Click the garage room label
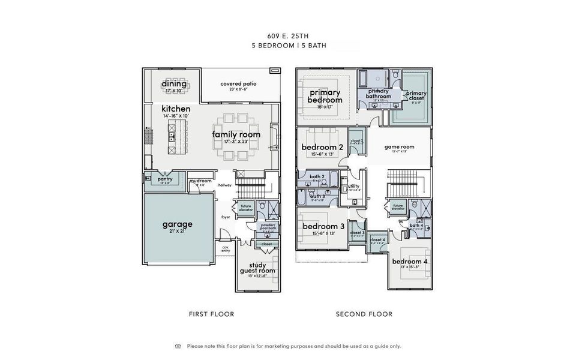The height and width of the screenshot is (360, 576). [178, 224]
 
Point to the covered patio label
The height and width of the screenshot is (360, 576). [238, 83]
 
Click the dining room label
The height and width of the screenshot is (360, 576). [174, 83]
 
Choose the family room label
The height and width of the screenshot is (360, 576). [236, 134]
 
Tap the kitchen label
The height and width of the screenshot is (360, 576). [176, 109]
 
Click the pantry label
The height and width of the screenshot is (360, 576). [165, 179]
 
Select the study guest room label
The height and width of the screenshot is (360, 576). [258, 268]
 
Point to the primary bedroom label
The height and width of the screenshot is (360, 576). [325, 96]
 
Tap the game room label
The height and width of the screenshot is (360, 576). [400, 146]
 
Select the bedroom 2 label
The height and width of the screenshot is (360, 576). [322, 147]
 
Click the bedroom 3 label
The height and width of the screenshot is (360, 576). [323, 226]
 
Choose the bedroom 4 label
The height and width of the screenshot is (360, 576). [410, 262]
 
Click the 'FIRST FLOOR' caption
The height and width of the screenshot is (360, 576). [211, 314]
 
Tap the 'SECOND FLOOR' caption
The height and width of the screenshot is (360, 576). [364, 314]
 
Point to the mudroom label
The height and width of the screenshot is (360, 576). [200, 181]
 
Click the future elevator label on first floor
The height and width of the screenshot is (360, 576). [246, 208]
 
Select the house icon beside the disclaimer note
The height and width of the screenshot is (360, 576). [178, 346]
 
